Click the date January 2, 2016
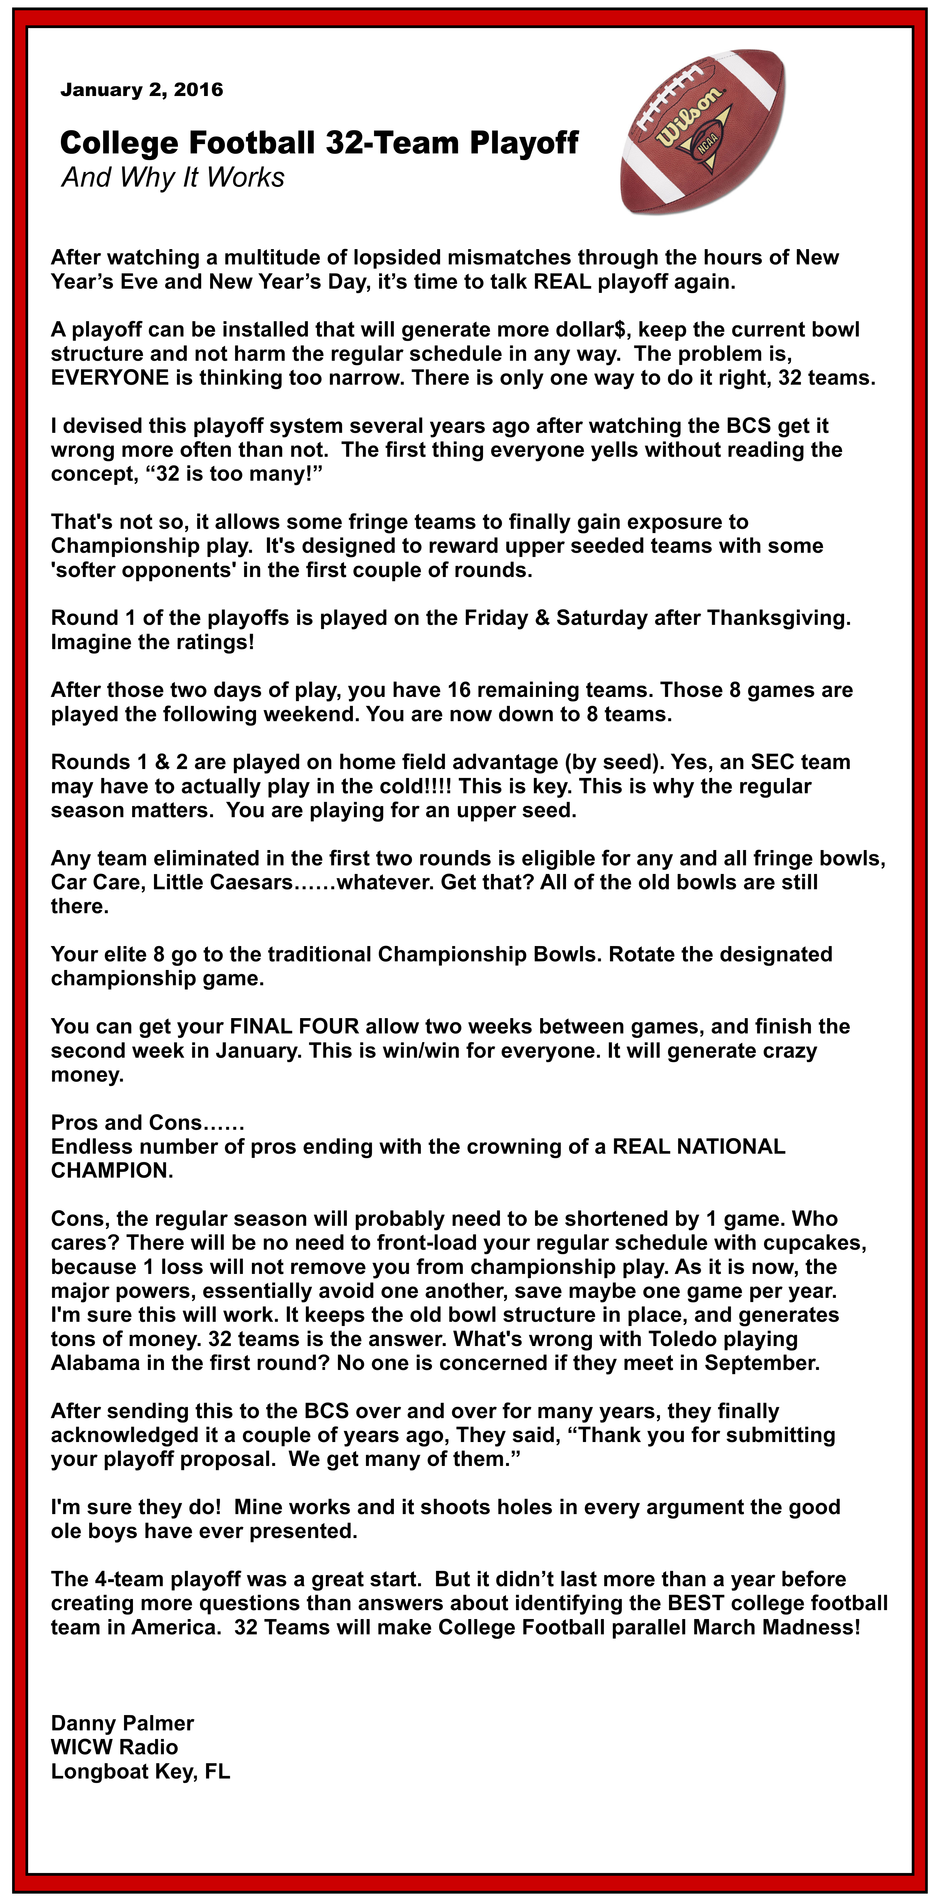tap(142, 90)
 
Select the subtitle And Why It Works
tap(173, 178)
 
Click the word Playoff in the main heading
tap(524, 143)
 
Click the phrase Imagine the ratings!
tap(152, 642)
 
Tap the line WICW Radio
tap(114, 1747)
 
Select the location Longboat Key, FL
tap(140, 1771)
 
